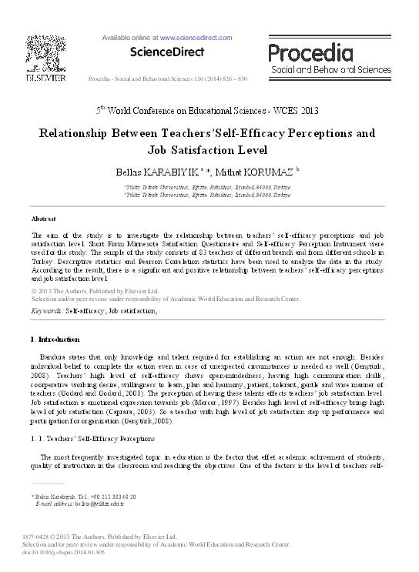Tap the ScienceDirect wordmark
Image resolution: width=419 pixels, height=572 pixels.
(167, 52)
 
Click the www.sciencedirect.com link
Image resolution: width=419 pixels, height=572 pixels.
(196, 37)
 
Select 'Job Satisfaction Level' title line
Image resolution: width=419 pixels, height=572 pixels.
(209, 151)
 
